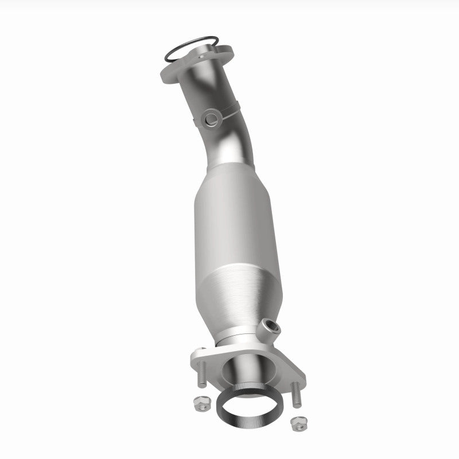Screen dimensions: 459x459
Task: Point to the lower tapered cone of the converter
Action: (241, 304)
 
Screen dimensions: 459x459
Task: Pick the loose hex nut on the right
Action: (297, 423)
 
